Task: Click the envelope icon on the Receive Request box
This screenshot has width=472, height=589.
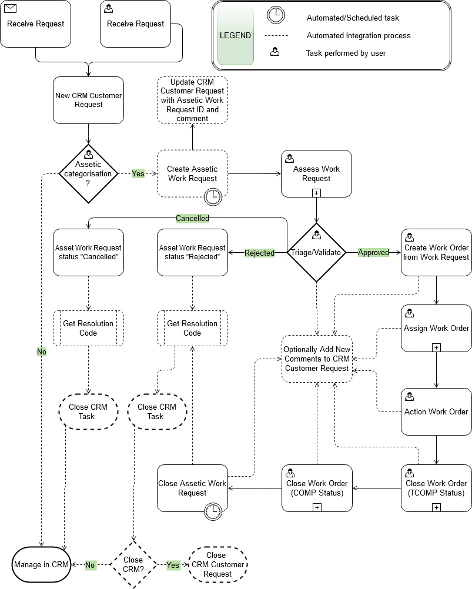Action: click(11, 9)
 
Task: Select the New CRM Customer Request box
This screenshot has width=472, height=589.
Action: click(89, 100)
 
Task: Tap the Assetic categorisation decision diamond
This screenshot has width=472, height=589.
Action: click(89, 173)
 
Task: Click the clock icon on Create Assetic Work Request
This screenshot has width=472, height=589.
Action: click(213, 196)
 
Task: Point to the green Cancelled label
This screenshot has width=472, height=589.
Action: click(192, 218)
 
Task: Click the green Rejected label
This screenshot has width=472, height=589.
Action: click(259, 253)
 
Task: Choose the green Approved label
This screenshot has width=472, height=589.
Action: click(373, 252)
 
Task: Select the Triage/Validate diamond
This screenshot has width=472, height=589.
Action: click(316, 252)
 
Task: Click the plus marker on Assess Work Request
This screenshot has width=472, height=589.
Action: click(316, 192)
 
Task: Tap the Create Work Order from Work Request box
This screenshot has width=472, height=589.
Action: click(436, 252)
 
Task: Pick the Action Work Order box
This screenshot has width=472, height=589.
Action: click(436, 411)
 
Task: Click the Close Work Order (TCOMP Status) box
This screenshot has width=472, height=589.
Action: click(436, 488)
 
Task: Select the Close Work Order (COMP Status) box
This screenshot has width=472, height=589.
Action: click(316, 488)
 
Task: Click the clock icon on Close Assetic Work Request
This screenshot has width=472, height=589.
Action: click(213, 511)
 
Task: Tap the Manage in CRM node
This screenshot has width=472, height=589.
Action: click(41, 565)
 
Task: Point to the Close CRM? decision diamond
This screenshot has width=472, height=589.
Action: click(133, 565)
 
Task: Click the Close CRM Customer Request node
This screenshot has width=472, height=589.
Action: click(217, 564)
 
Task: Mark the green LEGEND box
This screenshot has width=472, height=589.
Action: click(235, 35)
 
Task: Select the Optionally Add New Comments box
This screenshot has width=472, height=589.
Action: click(317, 359)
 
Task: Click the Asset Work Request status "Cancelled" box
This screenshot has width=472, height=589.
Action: click(89, 252)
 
